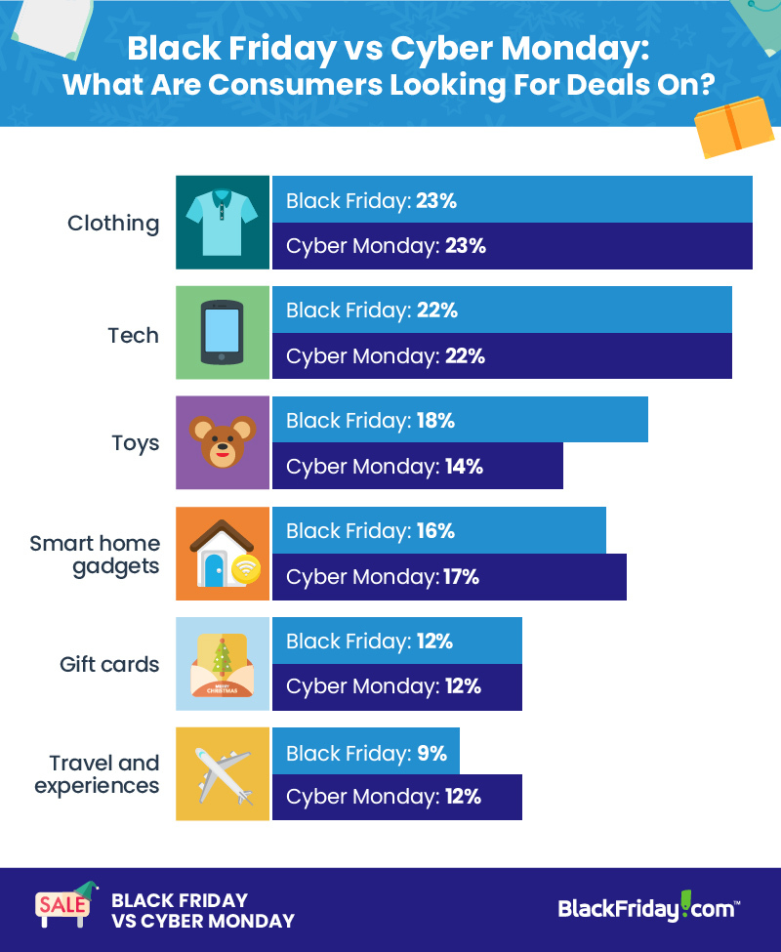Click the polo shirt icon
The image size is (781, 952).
223,223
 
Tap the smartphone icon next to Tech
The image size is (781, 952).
223,333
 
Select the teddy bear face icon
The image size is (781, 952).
223,442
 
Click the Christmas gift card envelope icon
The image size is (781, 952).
223,664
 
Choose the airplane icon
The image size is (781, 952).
223,774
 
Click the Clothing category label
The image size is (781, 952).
113,223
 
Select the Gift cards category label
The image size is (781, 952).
109,665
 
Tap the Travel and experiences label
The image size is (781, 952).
99,774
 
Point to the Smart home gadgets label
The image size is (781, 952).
96,554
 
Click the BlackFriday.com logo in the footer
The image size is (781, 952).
648,908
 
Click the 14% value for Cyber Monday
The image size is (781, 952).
464,466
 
